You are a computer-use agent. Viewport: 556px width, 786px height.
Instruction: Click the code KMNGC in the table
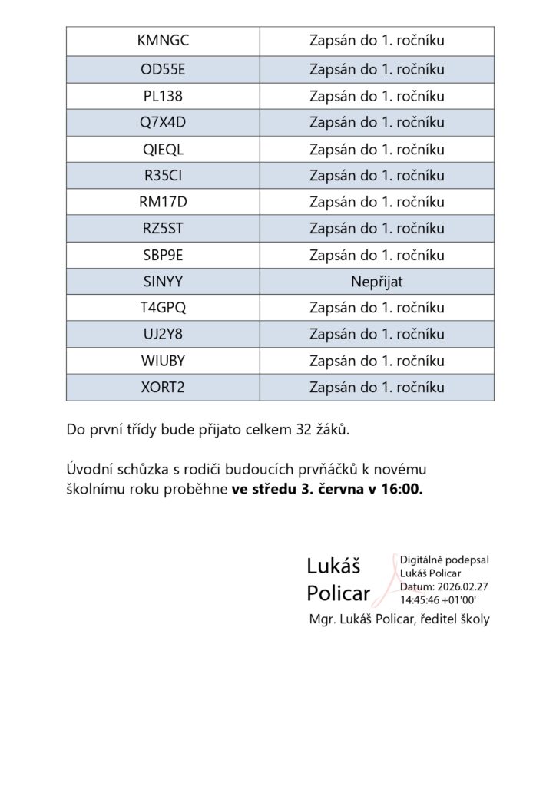[x=163, y=41]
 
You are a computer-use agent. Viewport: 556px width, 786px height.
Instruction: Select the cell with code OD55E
[x=163, y=70]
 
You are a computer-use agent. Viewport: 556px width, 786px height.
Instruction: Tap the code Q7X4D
[x=163, y=123]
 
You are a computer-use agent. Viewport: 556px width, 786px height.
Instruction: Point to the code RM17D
[x=163, y=203]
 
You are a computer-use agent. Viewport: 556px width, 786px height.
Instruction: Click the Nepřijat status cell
[x=376, y=282]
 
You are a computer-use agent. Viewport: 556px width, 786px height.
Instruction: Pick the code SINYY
[x=163, y=282]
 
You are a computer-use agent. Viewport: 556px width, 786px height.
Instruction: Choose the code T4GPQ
[x=163, y=309]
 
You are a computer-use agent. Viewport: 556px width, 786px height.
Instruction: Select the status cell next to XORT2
[x=376, y=388]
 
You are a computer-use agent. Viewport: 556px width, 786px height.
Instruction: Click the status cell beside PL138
[x=376, y=97]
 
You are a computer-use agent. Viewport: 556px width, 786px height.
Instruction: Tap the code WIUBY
[x=163, y=361]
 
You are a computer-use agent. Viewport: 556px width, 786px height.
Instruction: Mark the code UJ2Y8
[x=163, y=335]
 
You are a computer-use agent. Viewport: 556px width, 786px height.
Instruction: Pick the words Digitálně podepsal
[x=445, y=560]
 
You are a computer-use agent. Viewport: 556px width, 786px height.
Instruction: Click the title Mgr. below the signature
[x=320, y=619]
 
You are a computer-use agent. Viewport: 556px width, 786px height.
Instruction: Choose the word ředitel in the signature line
[x=436, y=619]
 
